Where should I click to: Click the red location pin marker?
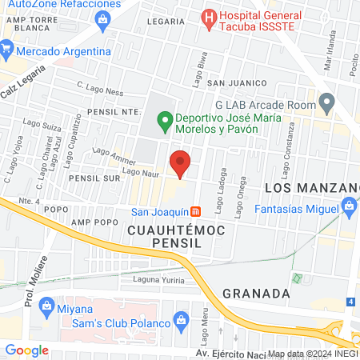pyautogui.click(x=181, y=163)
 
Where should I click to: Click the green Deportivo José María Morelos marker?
pyautogui.click(x=165, y=122)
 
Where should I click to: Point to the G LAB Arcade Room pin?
pyautogui.click(x=326, y=102)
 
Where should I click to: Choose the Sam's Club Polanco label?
pyautogui.click(x=119, y=322)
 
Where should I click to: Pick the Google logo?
pyautogui.click(x=26, y=350)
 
